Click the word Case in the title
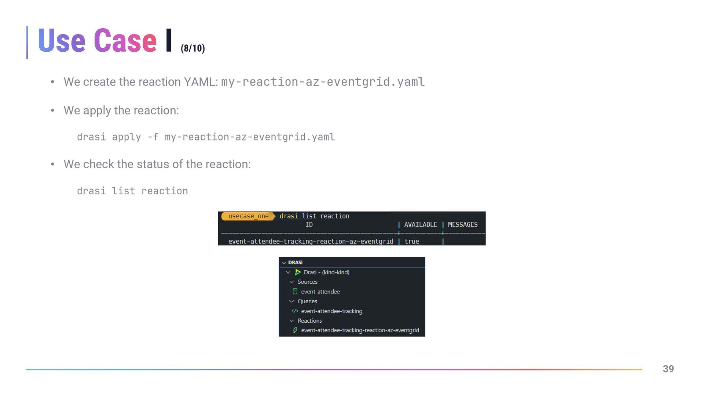125,41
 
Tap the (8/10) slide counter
192,48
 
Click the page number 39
668,369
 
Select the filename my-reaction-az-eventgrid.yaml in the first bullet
323,82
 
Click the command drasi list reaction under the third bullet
132,191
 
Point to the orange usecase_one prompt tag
248,216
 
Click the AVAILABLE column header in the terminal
421,224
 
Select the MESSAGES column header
463,224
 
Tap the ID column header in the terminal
309,224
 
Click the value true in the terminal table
412,241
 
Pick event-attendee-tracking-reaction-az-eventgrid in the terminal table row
311,241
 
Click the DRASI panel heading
295,263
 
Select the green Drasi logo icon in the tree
298,272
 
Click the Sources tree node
307,282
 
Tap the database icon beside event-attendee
295,291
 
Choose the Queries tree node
307,301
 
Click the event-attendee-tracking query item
331,311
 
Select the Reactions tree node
309,320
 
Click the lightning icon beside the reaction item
295,330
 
